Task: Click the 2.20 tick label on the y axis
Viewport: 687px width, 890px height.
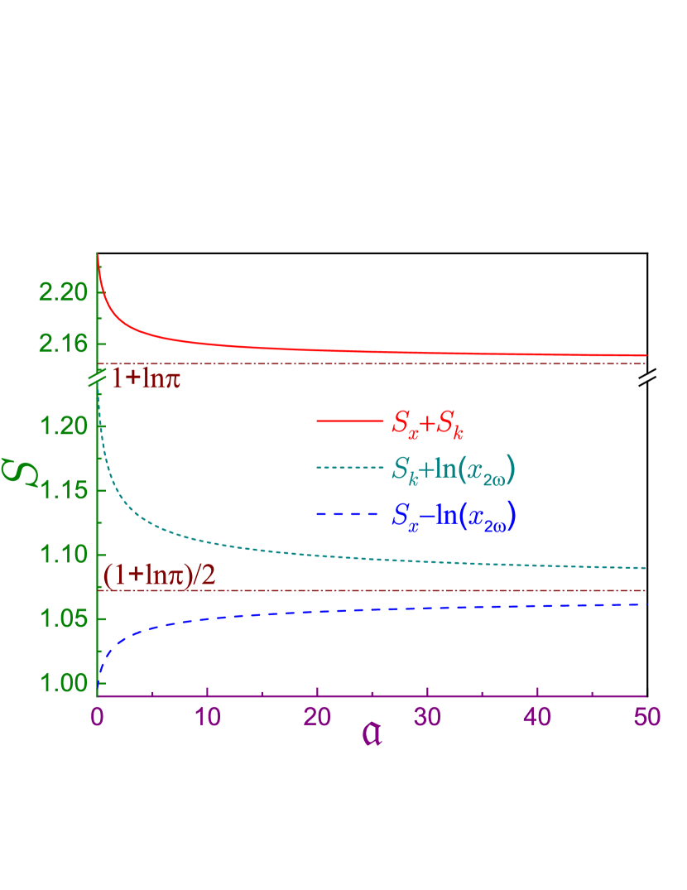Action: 62,292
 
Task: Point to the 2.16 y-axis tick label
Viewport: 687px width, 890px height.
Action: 62,344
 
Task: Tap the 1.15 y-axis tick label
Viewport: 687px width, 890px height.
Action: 62,490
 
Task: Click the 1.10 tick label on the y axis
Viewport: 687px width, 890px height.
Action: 62,555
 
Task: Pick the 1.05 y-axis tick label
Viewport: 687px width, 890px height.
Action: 62,619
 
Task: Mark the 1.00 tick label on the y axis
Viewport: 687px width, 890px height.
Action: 62,684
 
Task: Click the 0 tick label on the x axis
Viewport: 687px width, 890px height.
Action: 98,717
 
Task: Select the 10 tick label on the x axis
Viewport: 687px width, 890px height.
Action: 207,717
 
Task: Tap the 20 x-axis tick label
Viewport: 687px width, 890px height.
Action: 317,717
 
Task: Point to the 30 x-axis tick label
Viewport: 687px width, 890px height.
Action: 427,717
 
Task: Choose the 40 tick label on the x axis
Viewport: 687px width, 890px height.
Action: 537,717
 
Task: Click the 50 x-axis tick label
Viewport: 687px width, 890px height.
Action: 646,717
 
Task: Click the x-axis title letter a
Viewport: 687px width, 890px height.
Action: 372,735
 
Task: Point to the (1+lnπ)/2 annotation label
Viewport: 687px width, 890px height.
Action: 160,575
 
